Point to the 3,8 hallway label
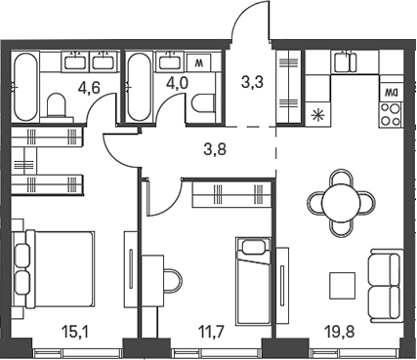click(215, 150)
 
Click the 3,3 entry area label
click(252, 82)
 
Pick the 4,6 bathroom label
click(89, 88)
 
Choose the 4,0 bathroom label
click(177, 83)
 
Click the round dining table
click(341, 203)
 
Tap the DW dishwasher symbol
click(390, 93)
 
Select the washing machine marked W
click(198, 62)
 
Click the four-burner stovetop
click(391, 114)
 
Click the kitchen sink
click(345, 61)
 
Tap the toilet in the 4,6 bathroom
click(57, 105)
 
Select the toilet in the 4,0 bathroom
click(204, 104)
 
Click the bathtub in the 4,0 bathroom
click(139, 87)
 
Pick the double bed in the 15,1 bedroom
click(54, 268)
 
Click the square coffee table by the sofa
click(342, 286)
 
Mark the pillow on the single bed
click(253, 247)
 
